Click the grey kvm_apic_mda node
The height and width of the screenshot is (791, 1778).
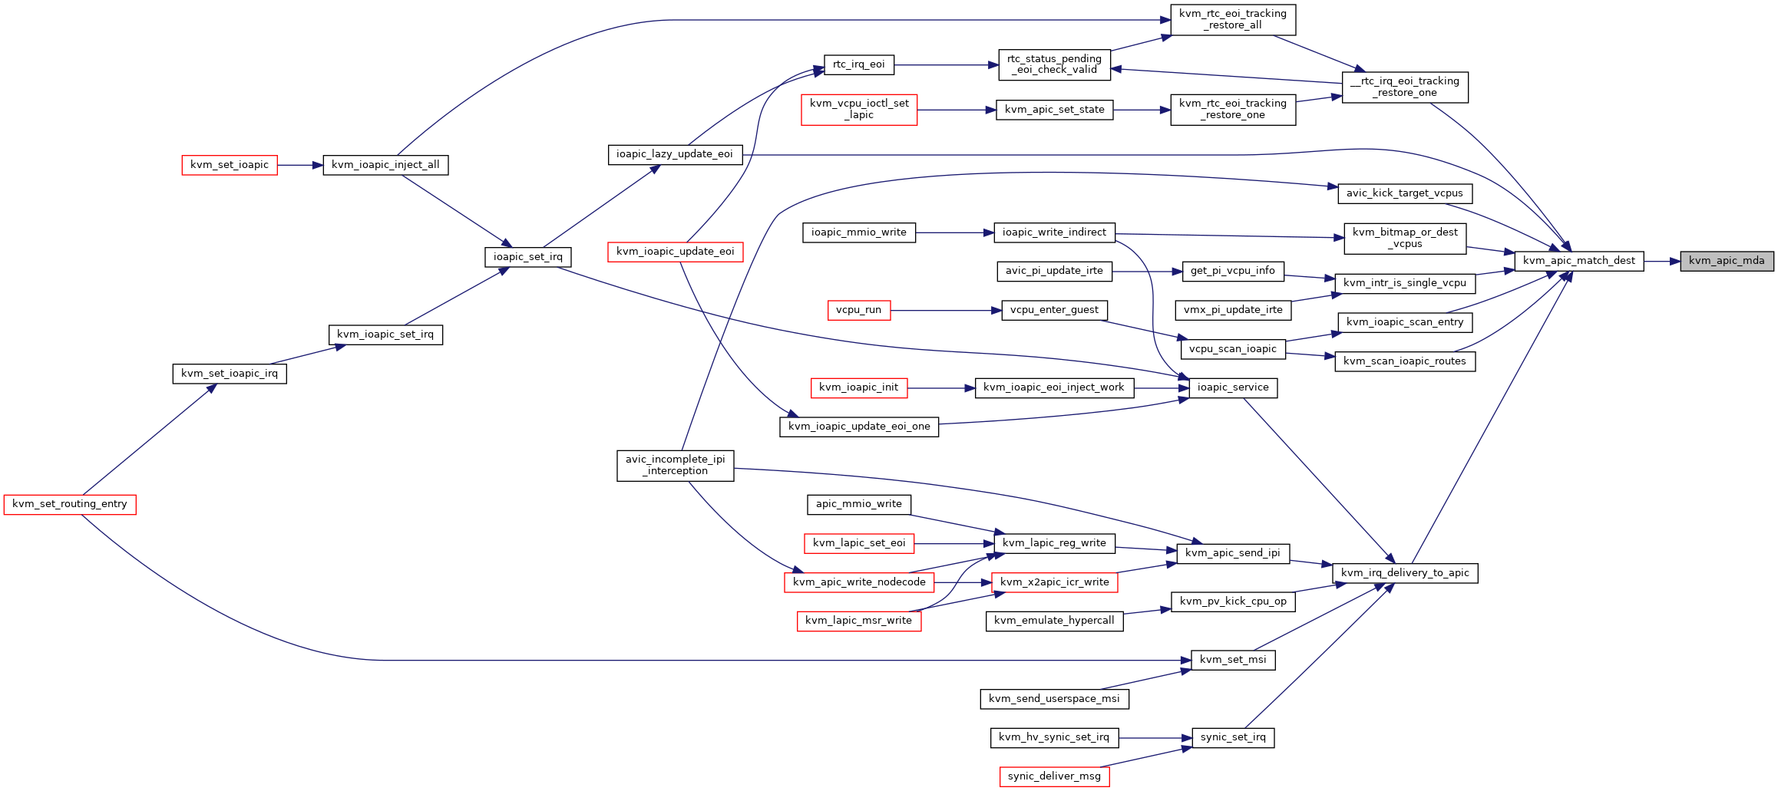(1727, 261)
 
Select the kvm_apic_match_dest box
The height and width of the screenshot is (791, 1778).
(1578, 261)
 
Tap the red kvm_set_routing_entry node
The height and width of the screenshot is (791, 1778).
(70, 504)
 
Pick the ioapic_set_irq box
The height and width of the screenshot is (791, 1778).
(528, 257)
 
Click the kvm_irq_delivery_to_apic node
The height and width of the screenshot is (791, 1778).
(1405, 573)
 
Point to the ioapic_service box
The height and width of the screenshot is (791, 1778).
(1233, 387)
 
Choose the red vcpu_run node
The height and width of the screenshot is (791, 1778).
(859, 310)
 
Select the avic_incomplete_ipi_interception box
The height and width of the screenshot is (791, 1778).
(676, 466)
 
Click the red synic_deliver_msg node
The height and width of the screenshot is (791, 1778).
(1054, 776)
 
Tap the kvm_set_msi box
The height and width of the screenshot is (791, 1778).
(1233, 660)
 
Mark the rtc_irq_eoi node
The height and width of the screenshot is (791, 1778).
(859, 65)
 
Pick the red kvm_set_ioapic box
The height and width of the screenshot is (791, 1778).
(230, 165)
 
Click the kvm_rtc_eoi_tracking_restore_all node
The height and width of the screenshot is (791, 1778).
(1233, 19)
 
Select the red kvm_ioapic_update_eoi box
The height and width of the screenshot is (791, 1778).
(676, 252)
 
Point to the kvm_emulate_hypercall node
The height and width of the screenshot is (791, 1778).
(1054, 621)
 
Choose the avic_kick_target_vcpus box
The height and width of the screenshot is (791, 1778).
(1405, 193)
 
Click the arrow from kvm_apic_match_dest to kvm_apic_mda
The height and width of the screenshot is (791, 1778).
(1662, 261)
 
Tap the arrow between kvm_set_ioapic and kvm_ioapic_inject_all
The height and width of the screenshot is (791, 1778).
(300, 165)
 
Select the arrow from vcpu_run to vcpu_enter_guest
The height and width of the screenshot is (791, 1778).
(946, 310)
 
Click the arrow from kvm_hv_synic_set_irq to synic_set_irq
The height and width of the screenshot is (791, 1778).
(1155, 738)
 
